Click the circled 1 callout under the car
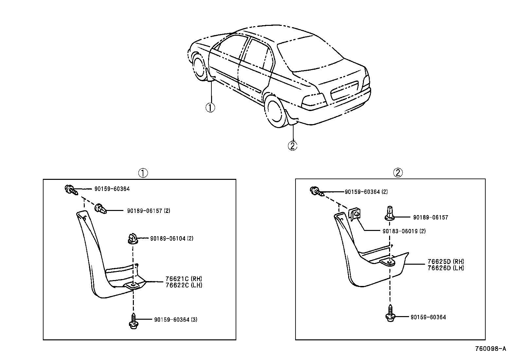(x=210, y=107)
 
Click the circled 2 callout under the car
(x=292, y=145)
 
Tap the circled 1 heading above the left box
(x=143, y=173)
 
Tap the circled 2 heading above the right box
(x=398, y=173)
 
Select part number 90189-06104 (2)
(x=171, y=238)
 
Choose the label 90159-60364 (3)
(x=175, y=320)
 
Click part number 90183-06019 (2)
(x=404, y=231)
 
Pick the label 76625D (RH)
(x=446, y=262)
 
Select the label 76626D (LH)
(x=446, y=268)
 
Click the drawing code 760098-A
(x=490, y=349)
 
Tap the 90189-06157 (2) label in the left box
(x=148, y=211)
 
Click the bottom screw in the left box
(x=133, y=321)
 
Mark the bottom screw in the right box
(x=390, y=314)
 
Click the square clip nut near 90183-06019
(x=355, y=214)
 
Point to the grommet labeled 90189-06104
(x=132, y=238)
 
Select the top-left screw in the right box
(x=316, y=191)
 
